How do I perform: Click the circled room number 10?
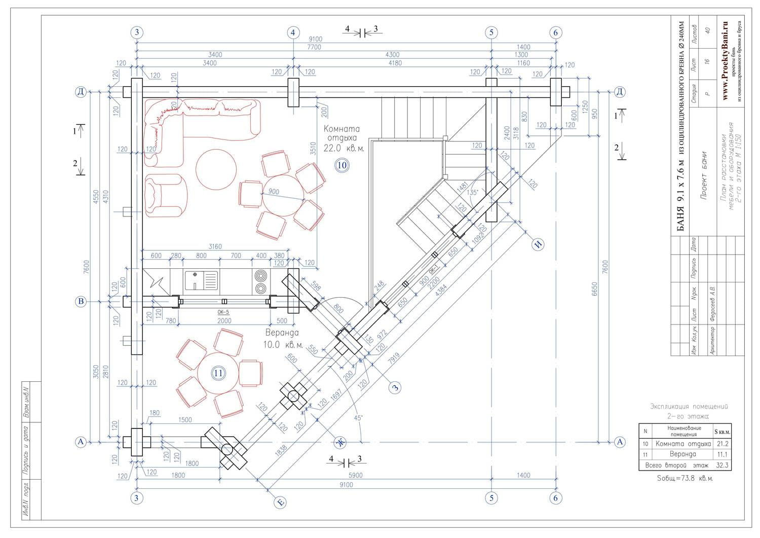pos(342,165)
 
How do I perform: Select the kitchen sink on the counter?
pos(201,280)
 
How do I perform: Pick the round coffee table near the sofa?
pos(216,169)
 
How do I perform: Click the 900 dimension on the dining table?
pos(274,192)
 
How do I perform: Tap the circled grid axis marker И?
pos(538,244)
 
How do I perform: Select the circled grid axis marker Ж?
pos(341,442)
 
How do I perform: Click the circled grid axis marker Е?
pos(280,503)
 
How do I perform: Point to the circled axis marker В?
pos(81,302)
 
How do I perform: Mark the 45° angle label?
pos(358,418)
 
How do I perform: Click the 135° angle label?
pos(472,193)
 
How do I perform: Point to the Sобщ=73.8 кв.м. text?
pos(685,478)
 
